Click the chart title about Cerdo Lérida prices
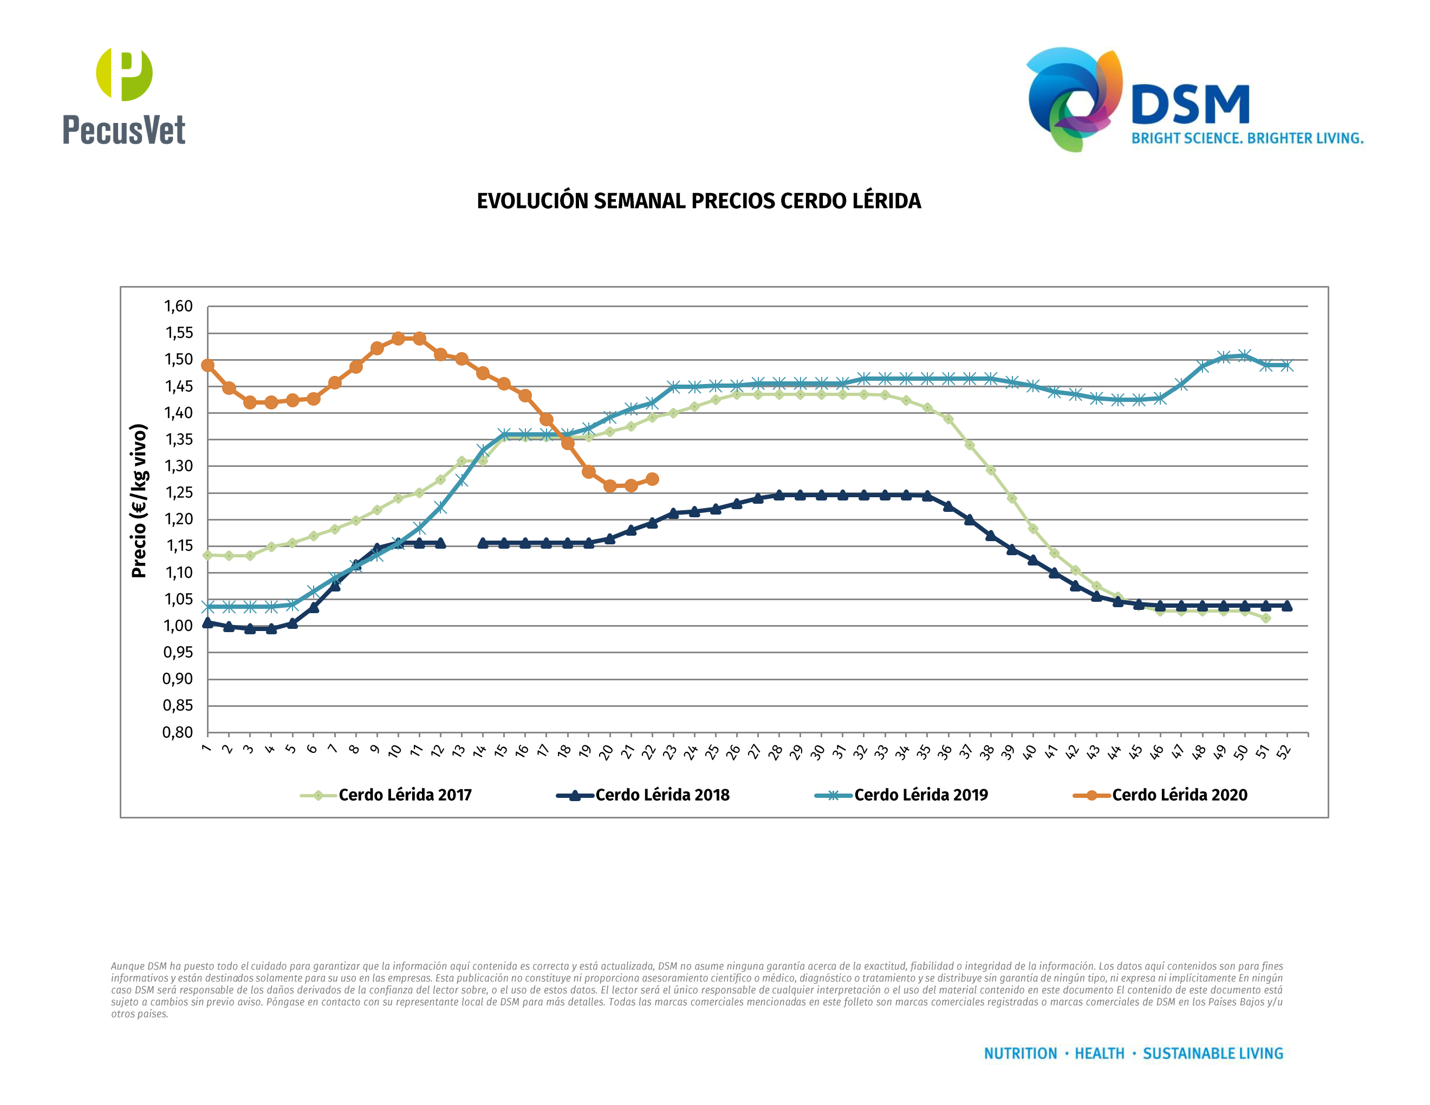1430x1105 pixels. [699, 201]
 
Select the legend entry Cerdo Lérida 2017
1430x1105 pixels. [404, 795]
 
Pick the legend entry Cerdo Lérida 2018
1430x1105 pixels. [661, 795]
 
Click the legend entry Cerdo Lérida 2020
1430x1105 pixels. [1179, 795]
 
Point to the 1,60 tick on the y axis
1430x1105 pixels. [178, 307]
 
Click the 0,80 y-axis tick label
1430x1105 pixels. [178, 732]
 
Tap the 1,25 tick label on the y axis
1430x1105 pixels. [178, 493]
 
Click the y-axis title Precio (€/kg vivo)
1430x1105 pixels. [139, 501]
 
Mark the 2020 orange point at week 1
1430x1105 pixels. [207, 365]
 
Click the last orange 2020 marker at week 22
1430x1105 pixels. [652, 479]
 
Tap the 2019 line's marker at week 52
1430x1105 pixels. [1286, 365]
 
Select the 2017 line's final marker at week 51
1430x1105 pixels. [1266, 618]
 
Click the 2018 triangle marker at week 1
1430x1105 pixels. [207, 622]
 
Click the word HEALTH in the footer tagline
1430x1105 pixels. [1100, 1054]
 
